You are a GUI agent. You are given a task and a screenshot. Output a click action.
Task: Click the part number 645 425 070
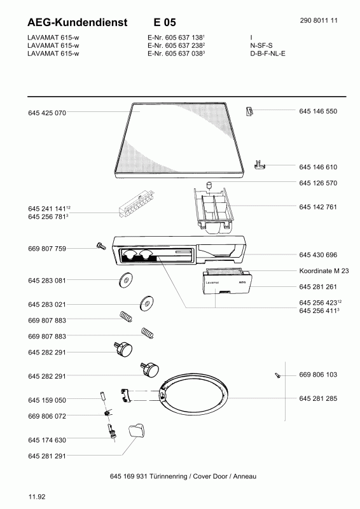(x=47, y=113)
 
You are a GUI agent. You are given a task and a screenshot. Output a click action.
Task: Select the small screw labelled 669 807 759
(x=101, y=246)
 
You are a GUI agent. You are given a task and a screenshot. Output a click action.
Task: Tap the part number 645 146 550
(x=318, y=111)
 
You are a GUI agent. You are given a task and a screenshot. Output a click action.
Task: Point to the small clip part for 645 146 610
(x=259, y=165)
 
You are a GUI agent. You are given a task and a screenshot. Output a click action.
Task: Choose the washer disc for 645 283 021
(x=147, y=303)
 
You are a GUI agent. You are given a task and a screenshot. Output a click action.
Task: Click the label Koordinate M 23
(x=324, y=271)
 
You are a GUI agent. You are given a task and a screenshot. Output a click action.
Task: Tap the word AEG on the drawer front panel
(x=242, y=282)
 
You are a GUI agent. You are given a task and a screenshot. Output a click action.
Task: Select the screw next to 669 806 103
(x=277, y=375)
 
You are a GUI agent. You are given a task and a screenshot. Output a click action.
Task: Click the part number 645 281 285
(x=318, y=398)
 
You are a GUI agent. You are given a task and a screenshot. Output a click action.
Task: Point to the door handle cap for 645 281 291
(x=137, y=430)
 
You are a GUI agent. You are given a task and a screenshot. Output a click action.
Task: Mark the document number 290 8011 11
(x=319, y=20)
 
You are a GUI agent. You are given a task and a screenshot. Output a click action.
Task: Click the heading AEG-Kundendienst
(x=78, y=22)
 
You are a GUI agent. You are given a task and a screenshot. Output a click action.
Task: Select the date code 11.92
(x=37, y=497)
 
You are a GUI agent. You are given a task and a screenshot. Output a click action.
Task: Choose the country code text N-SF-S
(x=261, y=45)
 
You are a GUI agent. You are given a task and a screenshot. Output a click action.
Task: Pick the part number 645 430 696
(x=318, y=255)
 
